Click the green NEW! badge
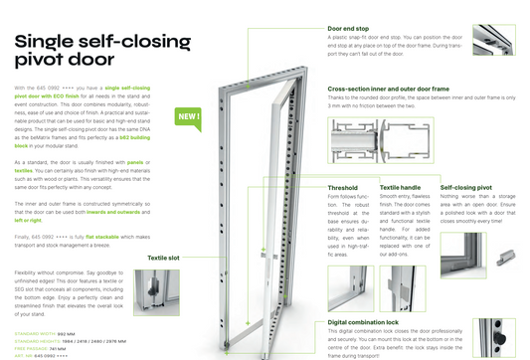point(188,116)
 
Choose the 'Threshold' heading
point(342,187)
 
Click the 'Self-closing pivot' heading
point(467,187)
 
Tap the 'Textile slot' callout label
point(163,257)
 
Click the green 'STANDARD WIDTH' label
point(35,333)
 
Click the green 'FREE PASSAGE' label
point(31,347)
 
